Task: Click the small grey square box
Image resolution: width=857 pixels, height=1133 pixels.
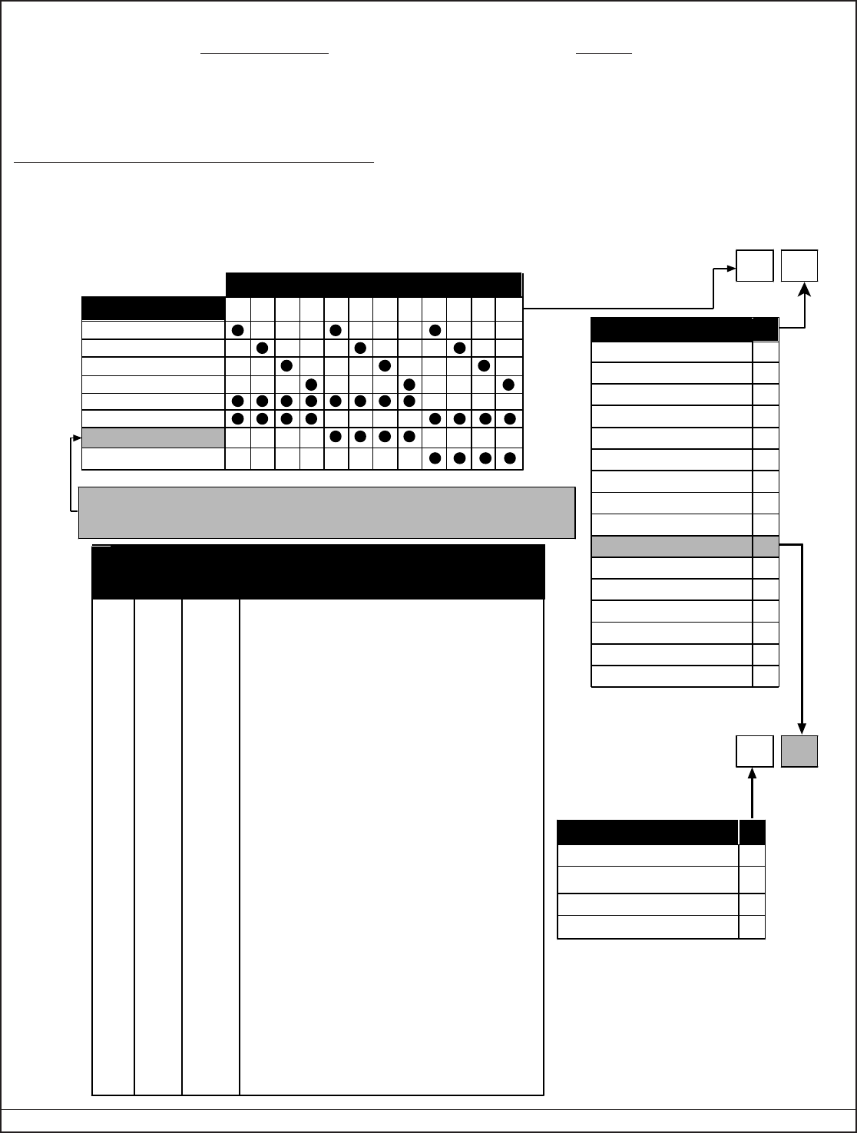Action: (799, 751)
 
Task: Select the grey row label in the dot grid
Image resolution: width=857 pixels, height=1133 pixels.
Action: (153, 438)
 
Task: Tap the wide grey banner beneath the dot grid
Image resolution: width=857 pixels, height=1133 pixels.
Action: (327, 512)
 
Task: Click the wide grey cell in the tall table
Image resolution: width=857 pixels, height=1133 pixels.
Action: (671, 546)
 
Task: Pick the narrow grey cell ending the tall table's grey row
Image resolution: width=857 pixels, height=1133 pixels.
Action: (766, 546)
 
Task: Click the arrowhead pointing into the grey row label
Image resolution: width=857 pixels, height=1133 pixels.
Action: (77, 438)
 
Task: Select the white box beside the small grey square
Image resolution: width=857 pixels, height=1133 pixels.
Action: (754, 751)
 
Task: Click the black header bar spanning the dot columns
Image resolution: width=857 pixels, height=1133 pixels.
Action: (374, 284)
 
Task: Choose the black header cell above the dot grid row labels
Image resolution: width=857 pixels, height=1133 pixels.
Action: (153, 308)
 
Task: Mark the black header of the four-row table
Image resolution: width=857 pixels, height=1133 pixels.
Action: (660, 833)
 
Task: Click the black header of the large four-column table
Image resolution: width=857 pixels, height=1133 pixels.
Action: (318, 572)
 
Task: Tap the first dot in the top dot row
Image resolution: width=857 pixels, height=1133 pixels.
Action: (237, 330)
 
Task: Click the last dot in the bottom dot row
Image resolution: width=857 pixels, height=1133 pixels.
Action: (509, 458)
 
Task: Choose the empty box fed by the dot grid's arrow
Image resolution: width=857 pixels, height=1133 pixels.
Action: (754, 266)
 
